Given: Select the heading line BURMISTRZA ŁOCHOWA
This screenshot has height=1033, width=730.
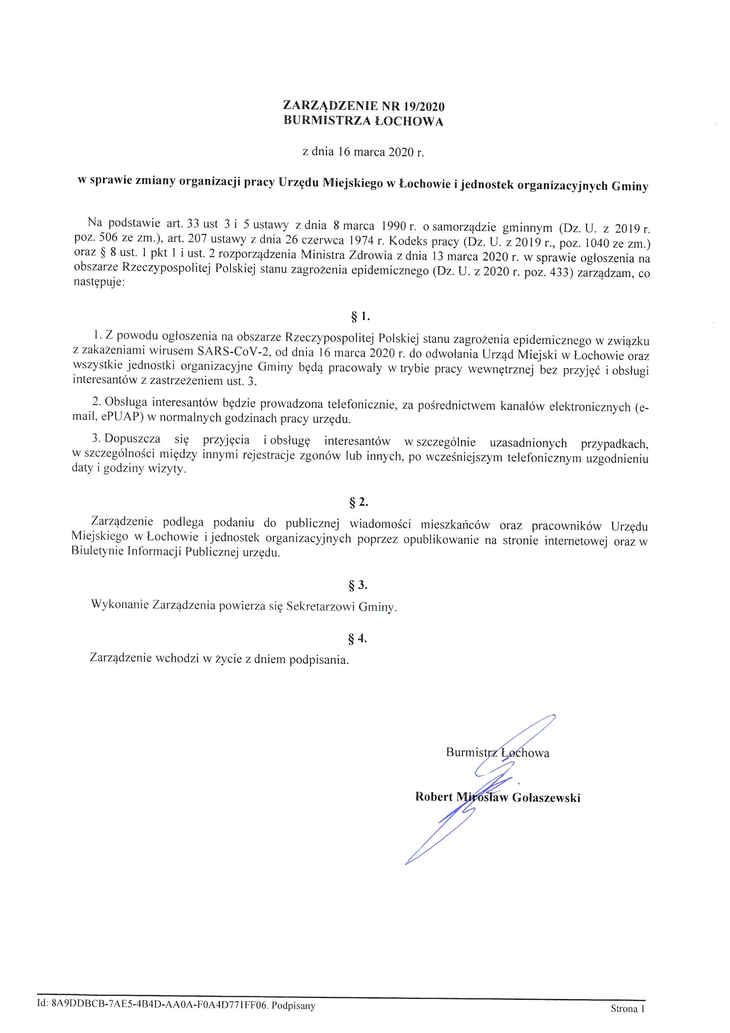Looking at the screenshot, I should (x=363, y=122).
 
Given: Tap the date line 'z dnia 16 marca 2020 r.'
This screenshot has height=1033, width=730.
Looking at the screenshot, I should (x=363, y=152).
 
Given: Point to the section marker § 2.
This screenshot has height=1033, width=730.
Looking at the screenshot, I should (x=359, y=502).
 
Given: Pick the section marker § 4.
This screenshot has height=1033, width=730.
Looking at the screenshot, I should (x=358, y=638).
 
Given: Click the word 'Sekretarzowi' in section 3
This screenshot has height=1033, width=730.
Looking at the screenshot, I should (x=320, y=607).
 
